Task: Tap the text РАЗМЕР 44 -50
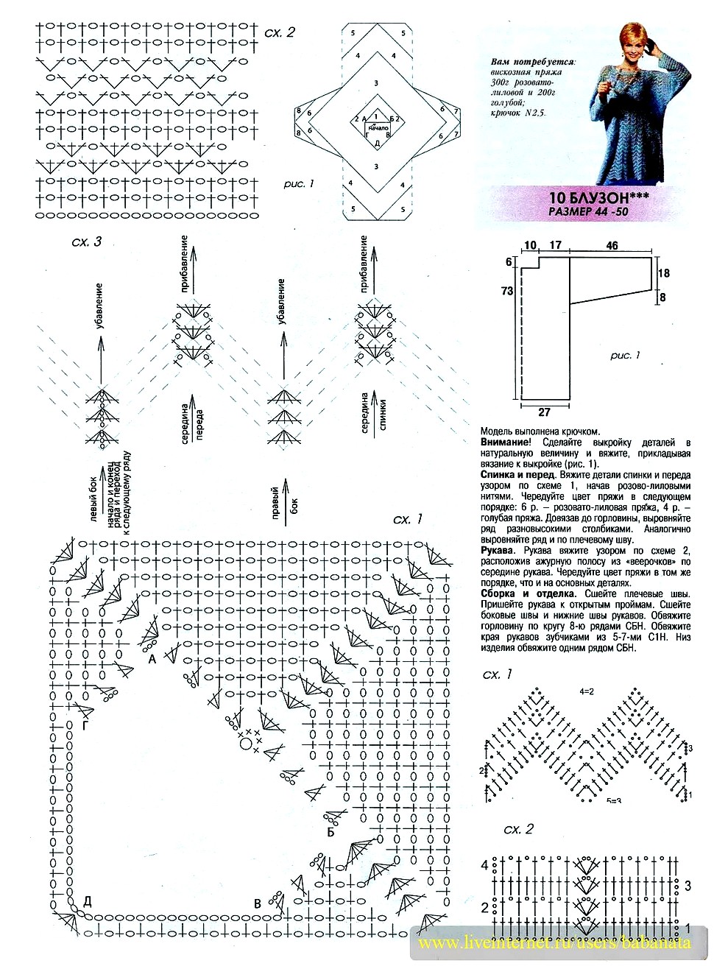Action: coord(588,211)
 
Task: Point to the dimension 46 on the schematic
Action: coord(612,246)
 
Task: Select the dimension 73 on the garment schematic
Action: coord(507,291)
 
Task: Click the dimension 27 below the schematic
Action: coord(544,412)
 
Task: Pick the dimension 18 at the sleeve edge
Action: coord(664,273)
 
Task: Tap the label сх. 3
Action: coord(86,242)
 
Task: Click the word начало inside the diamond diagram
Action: coord(378,128)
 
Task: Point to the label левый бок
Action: coord(93,498)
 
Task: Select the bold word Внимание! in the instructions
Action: coord(506,443)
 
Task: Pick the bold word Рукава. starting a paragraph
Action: coord(501,551)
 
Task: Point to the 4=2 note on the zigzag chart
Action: coord(587,691)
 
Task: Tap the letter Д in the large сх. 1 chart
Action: coord(88,901)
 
